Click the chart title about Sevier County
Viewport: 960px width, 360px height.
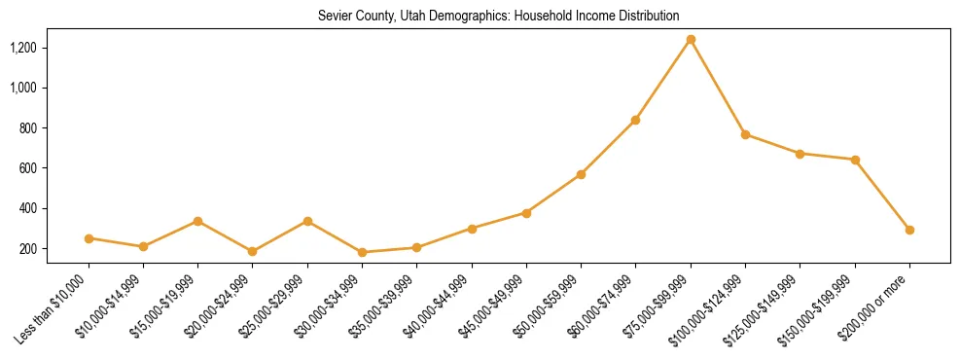[498, 16]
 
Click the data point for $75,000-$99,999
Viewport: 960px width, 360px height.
[691, 40]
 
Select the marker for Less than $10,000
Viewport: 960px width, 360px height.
[89, 238]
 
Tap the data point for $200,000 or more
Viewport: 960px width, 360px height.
[909, 231]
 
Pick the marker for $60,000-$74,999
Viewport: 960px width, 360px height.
[635, 120]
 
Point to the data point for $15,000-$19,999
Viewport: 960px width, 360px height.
[198, 221]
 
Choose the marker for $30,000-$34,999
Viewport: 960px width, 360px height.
[363, 252]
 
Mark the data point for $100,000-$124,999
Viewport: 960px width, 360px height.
[745, 134]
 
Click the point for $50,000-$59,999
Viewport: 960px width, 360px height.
[581, 174]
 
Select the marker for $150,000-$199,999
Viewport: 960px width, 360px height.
[855, 160]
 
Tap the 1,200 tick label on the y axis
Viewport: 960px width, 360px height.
[51, 48]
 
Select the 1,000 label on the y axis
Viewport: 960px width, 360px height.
[51, 88]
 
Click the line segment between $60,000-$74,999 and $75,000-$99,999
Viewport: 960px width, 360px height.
[663, 80]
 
